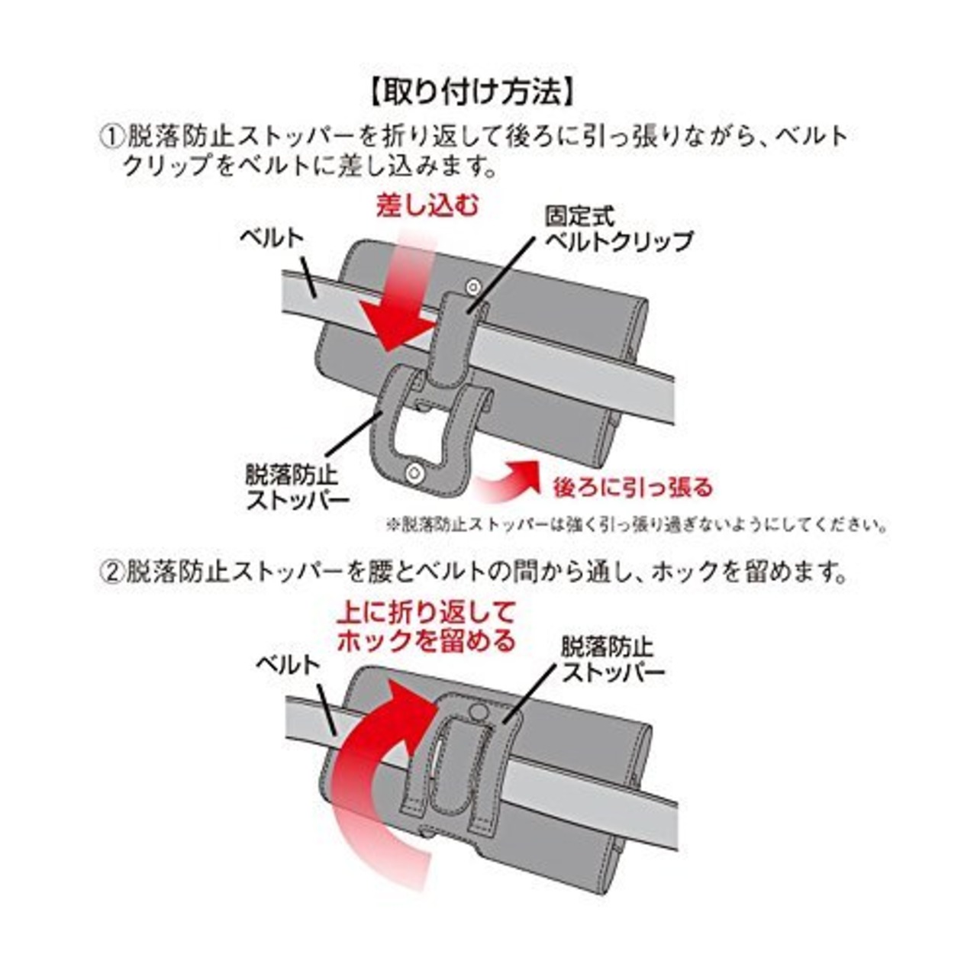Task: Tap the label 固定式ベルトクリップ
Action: click(x=618, y=229)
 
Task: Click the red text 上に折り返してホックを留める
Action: click(x=427, y=626)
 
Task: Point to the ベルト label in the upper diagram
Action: click(x=272, y=237)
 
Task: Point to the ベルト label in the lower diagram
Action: click(x=286, y=664)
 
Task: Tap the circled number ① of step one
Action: click(x=112, y=137)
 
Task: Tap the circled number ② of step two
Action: click(x=112, y=571)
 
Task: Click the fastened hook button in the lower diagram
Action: click(x=478, y=711)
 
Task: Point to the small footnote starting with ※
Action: click(x=637, y=525)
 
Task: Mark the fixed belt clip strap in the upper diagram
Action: click(x=456, y=336)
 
